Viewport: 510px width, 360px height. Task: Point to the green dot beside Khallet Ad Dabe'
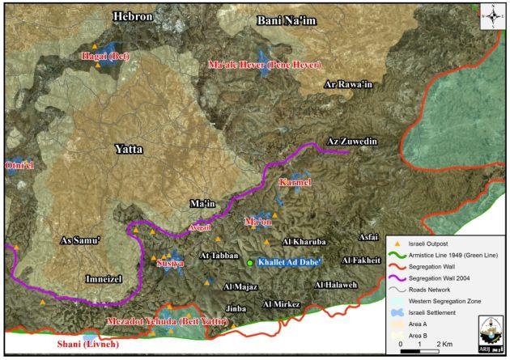tap(250, 263)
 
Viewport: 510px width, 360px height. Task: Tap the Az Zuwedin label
tap(353, 142)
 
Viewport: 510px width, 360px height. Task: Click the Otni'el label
tap(20, 166)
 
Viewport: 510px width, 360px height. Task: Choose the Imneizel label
tap(103, 278)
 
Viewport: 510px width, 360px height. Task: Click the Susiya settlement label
tap(170, 264)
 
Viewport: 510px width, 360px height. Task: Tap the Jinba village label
tap(236, 308)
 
